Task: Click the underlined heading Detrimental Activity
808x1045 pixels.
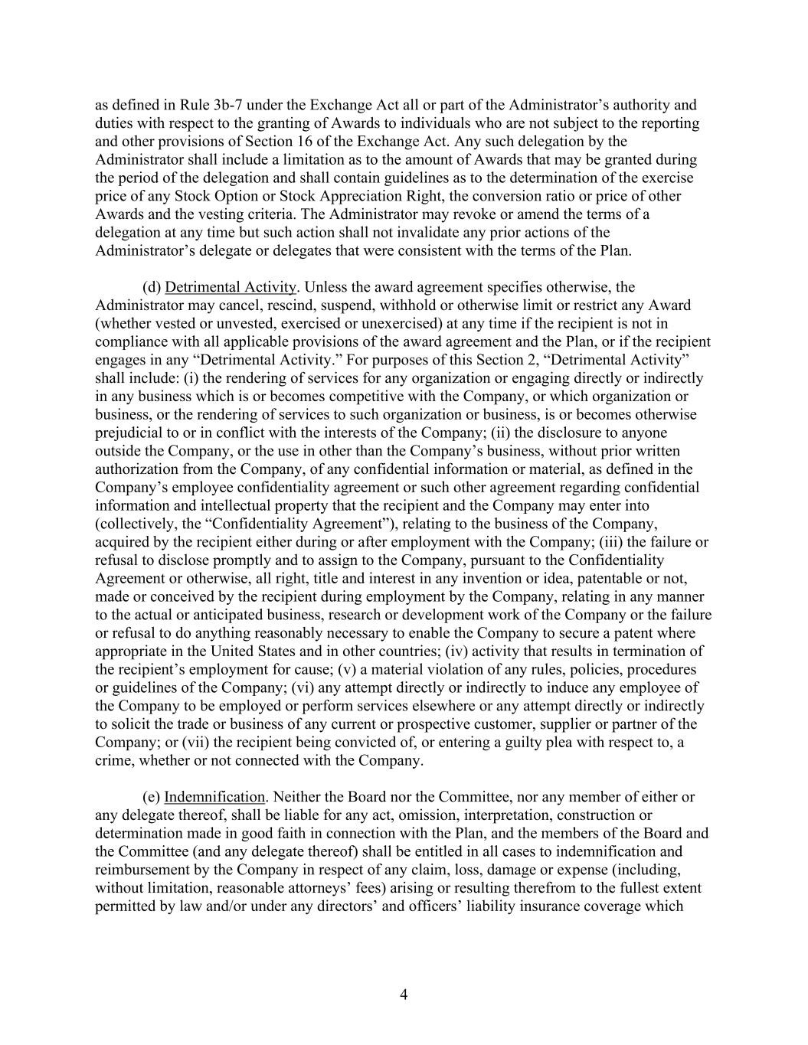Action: pyautogui.click(x=230, y=287)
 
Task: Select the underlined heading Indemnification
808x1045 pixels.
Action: pyautogui.click(x=214, y=797)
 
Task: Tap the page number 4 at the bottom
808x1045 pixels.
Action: pyautogui.click(x=404, y=994)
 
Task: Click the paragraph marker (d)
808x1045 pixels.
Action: pyautogui.click(x=152, y=287)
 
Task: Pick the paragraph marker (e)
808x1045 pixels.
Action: pyautogui.click(x=152, y=797)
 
